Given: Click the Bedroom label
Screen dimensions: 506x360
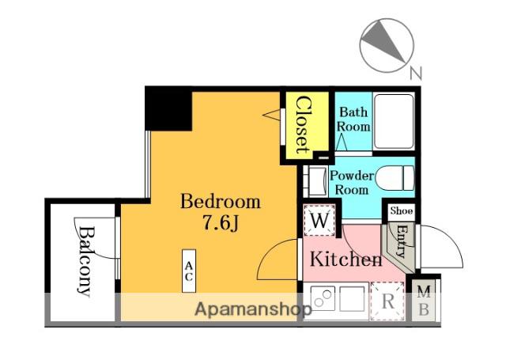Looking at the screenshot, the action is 221,202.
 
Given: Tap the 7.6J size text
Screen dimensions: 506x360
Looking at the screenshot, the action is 221,223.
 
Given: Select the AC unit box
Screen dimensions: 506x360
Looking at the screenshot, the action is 189,271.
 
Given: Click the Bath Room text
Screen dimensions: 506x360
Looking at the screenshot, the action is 353,119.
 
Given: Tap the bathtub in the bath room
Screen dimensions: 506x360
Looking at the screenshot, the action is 394,121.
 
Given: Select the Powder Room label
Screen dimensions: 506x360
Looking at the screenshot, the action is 352,183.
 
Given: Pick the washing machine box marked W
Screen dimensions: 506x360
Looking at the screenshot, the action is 319,221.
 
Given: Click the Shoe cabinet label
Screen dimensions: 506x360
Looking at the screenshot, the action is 401,210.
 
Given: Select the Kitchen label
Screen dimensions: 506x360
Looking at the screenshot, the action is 346,259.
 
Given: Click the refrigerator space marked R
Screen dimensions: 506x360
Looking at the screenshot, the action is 387,301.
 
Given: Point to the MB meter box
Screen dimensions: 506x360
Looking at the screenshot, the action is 424,301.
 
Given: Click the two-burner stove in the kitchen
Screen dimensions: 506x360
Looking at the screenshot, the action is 323,298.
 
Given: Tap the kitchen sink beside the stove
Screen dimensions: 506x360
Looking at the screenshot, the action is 352,298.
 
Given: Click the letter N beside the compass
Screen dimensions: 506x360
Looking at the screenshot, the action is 416,74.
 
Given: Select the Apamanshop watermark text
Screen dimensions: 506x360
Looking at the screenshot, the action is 253,309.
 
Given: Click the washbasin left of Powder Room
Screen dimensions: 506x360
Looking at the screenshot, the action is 318,181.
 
